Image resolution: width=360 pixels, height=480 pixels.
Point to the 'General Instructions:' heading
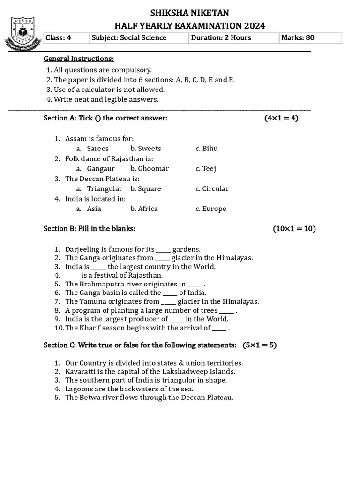coord(79,59)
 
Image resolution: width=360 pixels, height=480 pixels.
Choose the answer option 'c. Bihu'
coord(207,149)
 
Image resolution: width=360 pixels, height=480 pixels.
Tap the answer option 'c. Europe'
coord(211,209)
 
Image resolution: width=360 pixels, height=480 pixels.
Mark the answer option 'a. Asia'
coord(89,209)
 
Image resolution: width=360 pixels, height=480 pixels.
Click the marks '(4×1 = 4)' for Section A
coord(281,118)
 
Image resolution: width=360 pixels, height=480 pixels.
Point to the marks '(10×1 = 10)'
coord(294,229)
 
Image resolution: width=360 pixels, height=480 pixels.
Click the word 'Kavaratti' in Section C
coord(80,372)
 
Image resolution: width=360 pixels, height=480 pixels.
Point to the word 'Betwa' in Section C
coord(89,397)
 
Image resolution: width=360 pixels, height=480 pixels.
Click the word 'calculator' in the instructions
coord(108,90)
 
